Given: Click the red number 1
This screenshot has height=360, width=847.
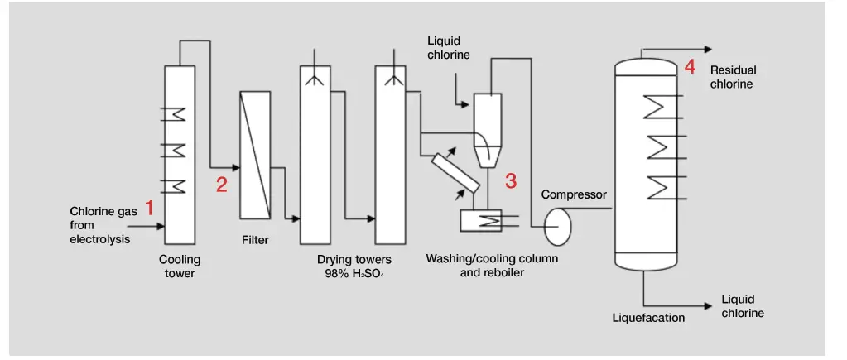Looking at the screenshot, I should pyautogui.click(x=150, y=208).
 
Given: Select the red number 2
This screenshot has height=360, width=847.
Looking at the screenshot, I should pyautogui.click(x=221, y=185).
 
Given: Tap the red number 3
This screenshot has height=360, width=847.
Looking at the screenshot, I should pyautogui.click(x=511, y=181).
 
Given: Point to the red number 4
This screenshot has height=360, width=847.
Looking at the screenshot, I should pyautogui.click(x=690, y=68).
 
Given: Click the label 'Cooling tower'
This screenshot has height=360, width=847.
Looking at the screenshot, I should pyautogui.click(x=180, y=266).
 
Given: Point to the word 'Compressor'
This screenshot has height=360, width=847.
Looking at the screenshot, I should pyautogui.click(x=574, y=194).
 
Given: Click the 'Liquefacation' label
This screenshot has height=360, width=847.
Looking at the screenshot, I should pyautogui.click(x=648, y=318).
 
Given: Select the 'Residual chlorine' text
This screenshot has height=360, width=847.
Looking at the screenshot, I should pyautogui.click(x=733, y=77).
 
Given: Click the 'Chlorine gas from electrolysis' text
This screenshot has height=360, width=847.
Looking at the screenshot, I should pyautogui.click(x=102, y=225).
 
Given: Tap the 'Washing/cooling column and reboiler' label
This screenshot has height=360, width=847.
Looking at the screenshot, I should pyautogui.click(x=492, y=265).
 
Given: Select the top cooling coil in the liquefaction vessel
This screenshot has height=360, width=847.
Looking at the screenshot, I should pyautogui.click(x=661, y=107).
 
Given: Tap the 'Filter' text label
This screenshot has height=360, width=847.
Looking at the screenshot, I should pyautogui.click(x=255, y=240).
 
